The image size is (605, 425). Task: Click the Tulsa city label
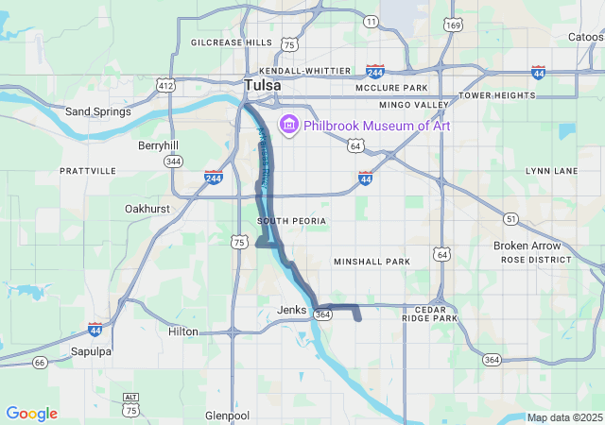[262, 86]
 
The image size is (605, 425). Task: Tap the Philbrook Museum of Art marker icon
[287, 126]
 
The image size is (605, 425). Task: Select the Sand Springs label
[97, 111]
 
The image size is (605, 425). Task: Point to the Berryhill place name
[158, 145]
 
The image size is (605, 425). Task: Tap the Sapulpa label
[92, 351]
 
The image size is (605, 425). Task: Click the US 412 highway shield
[166, 86]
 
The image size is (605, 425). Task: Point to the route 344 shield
[173, 161]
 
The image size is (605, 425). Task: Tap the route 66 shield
[39, 362]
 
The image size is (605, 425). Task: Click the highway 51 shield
[510, 218]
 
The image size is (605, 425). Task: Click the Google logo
[31, 414]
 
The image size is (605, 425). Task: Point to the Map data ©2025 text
[563, 417]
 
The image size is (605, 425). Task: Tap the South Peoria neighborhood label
[291, 221]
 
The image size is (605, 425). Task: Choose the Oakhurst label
[147, 208]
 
